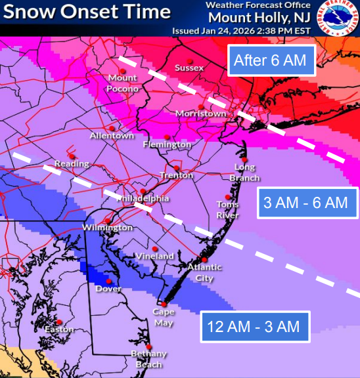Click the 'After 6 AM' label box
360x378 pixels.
[x=270, y=60]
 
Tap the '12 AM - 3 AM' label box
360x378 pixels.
[x=254, y=325]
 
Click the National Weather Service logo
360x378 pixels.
[x=338, y=17]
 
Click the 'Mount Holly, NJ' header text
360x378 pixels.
[x=255, y=17]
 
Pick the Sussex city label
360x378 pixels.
[x=190, y=68]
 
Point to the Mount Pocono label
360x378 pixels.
[x=123, y=83]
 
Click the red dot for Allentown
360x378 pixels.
[x=112, y=128]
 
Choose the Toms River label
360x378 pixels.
[x=228, y=209]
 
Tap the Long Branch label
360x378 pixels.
[x=247, y=173]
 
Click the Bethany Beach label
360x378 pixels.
[x=149, y=358]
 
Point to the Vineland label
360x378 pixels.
[x=155, y=256]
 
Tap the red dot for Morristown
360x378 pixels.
[x=200, y=106]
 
